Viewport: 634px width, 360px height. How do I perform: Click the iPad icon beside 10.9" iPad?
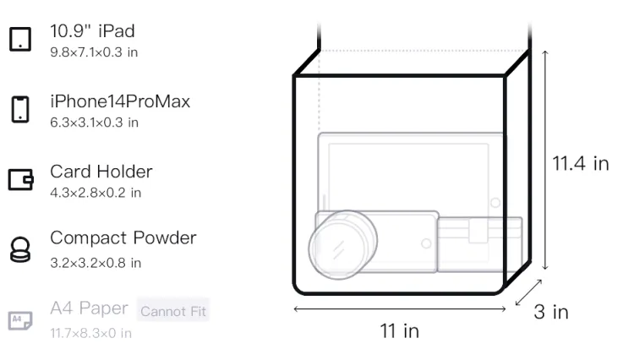20,39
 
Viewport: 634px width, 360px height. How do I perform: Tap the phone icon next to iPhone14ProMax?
20,109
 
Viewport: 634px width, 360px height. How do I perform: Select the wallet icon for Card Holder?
20,179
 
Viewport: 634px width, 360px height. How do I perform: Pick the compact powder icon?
20,249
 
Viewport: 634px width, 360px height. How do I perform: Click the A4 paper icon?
20,320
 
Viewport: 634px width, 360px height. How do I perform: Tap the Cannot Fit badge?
173,311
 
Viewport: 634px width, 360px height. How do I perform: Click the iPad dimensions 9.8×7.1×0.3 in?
94,52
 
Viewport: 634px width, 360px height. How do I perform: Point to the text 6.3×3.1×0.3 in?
94,123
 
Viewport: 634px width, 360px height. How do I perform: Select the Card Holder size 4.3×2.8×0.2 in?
96,193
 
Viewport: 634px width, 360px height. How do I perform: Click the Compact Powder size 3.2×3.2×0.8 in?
96,263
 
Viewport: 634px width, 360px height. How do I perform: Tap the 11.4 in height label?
581,164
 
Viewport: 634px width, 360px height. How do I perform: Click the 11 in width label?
400,331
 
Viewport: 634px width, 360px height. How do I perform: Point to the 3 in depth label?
551,312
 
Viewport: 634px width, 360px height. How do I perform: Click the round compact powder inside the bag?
343,245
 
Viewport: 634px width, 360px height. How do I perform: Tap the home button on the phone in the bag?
426,243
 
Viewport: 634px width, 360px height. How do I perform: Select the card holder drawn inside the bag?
480,244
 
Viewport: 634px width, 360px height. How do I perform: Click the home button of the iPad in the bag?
495,203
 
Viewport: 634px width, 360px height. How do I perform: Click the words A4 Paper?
89,308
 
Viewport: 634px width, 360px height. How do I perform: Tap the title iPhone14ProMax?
120,101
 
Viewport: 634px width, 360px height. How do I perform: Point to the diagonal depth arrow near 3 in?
528,292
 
